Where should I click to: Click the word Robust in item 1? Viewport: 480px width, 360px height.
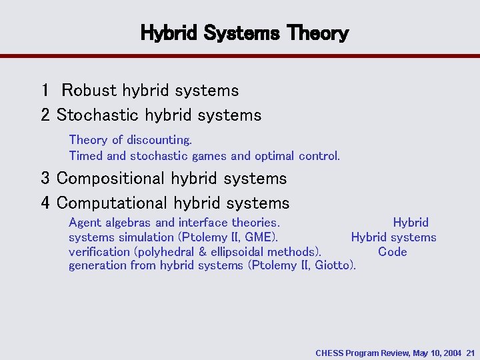[x=89, y=90]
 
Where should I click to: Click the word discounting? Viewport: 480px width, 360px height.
[x=159, y=140]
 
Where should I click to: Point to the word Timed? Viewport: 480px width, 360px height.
[x=86, y=156]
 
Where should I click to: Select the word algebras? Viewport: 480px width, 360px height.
[x=127, y=223]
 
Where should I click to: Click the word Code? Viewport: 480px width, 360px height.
[x=392, y=252]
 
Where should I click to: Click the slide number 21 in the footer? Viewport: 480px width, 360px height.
[x=471, y=353]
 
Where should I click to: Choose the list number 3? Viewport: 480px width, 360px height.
[x=45, y=179]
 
